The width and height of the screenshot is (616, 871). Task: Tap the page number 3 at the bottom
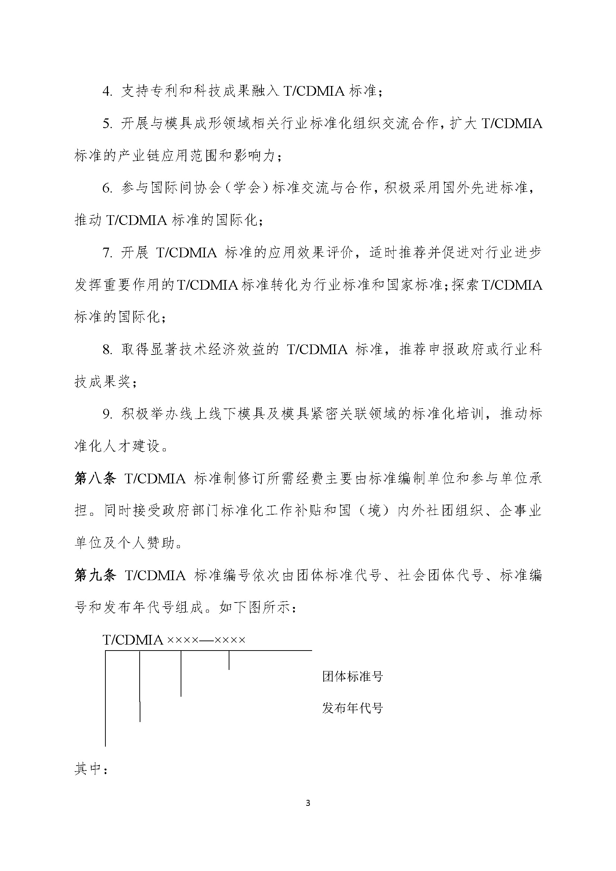308,803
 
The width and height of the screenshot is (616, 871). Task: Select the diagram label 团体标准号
352,676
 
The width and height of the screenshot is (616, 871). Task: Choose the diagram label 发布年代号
352,708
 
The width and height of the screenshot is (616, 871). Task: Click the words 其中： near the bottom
91,769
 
